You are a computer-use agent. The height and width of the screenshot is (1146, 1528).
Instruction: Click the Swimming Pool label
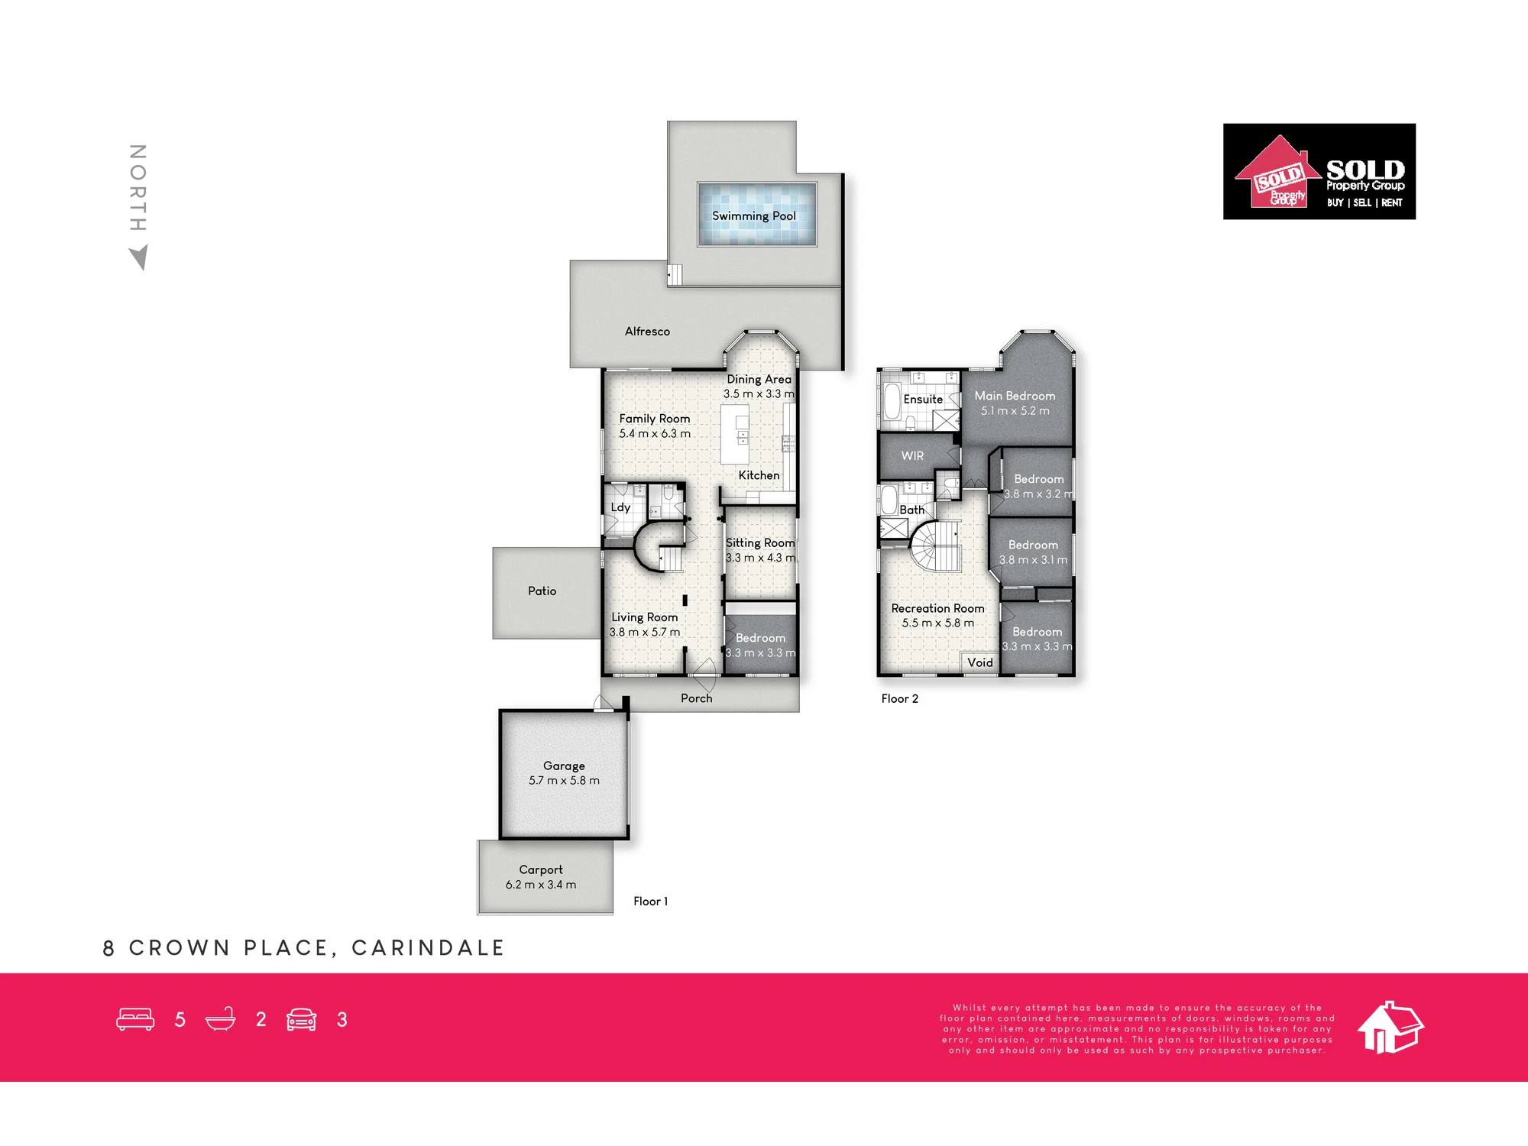[x=753, y=216]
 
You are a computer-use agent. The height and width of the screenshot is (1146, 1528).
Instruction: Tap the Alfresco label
[x=647, y=332]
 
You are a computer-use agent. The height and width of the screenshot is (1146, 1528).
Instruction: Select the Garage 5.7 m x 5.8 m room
[x=564, y=774]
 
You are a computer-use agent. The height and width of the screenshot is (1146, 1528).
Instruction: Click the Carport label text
[x=541, y=870]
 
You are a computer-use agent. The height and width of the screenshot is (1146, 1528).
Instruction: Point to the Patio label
[x=542, y=591]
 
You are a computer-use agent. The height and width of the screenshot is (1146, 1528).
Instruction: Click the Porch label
[x=696, y=698]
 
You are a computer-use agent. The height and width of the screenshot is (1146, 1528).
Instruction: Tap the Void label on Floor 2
[x=980, y=662]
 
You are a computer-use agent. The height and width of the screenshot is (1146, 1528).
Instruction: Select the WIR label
[x=912, y=455]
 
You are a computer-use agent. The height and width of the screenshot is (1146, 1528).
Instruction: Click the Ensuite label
[x=923, y=399]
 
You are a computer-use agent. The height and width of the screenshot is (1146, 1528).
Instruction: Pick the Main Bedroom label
[x=1015, y=396]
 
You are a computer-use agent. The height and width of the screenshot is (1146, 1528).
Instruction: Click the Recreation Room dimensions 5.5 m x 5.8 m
[x=937, y=623]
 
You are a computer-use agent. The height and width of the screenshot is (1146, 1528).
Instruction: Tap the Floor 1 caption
[x=650, y=902]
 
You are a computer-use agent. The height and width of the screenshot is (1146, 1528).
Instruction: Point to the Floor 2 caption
[x=899, y=698]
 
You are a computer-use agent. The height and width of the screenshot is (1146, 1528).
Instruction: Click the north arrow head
[x=139, y=257]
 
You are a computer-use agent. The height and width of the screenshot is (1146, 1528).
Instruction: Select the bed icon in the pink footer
[x=135, y=1019]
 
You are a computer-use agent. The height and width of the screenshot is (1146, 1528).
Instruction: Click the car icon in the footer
[x=301, y=1019]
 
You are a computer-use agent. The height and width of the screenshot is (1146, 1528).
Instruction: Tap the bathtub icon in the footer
[x=220, y=1019]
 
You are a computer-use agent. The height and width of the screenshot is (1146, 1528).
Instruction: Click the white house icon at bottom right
[x=1390, y=1027]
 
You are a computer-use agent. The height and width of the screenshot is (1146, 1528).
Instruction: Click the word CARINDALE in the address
[x=428, y=948]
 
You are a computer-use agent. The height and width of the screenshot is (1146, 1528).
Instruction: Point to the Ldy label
[x=620, y=507]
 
